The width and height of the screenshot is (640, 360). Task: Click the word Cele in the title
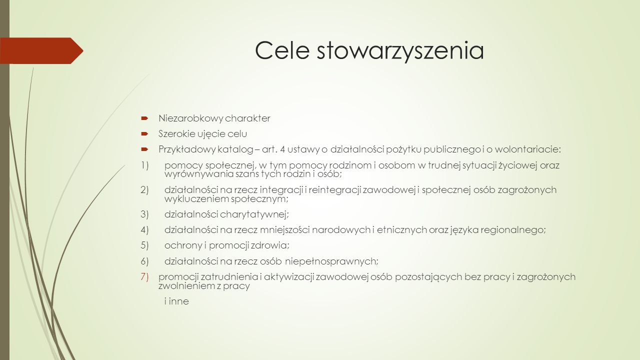click(x=282, y=50)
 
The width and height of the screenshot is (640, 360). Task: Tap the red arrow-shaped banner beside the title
click(x=41, y=50)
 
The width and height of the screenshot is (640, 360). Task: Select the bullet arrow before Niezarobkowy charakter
click(x=144, y=118)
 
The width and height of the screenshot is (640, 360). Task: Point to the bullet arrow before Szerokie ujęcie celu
click(x=144, y=133)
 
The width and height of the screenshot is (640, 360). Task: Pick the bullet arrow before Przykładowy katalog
click(x=144, y=149)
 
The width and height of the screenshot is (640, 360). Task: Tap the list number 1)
click(x=144, y=165)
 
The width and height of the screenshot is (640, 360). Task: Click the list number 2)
click(x=144, y=190)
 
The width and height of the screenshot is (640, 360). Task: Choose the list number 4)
click(x=144, y=230)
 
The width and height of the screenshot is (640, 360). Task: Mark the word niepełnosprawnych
click(x=332, y=261)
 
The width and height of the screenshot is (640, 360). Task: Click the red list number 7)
click(x=144, y=277)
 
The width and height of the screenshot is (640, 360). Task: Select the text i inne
click(x=176, y=301)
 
